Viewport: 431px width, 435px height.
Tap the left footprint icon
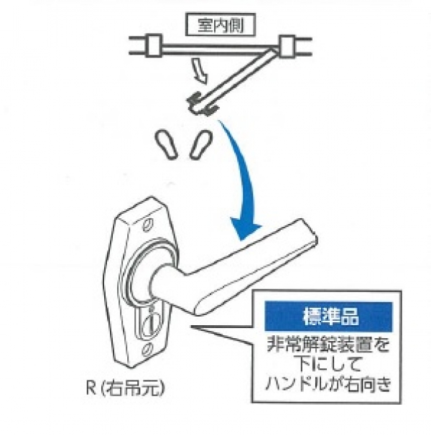click(167, 141)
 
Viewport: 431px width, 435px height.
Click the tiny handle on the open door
click(201, 105)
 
